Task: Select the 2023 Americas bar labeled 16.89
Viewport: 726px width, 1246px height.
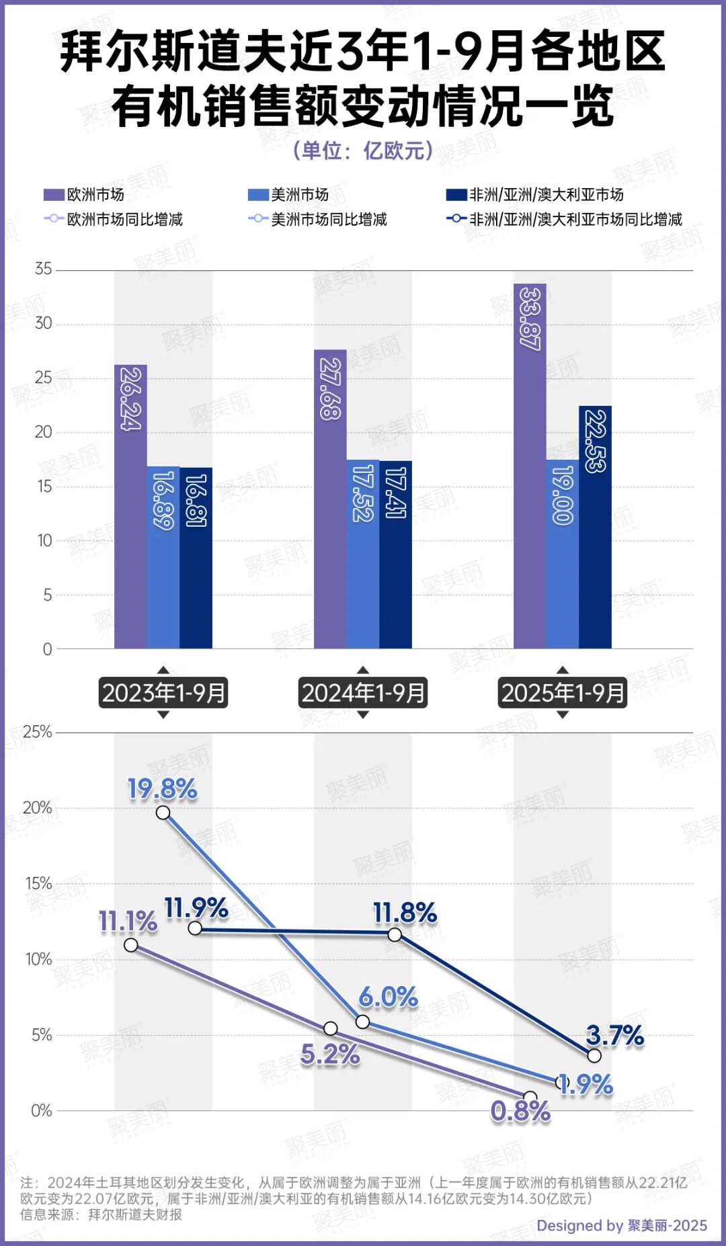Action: pos(163,557)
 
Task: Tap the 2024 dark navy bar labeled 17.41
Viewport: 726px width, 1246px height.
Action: pos(395,554)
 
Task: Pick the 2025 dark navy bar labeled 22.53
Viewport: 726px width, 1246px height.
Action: pos(595,527)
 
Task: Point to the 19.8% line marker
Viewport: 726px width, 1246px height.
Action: pos(163,813)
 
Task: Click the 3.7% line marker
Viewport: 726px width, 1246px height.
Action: pos(594,1056)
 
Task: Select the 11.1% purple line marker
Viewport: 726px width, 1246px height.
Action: pos(131,945)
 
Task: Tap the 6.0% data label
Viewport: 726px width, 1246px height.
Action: pos(388,997)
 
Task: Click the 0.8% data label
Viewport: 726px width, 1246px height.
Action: pos(520,1112)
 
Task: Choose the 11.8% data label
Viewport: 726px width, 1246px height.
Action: pos(405,913)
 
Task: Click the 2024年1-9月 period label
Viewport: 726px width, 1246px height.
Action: pos(363,693)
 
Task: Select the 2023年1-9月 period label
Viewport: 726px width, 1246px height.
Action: pos(163,693)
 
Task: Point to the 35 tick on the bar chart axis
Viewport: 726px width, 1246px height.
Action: pos(44,269)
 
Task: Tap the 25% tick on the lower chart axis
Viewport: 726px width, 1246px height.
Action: pos(38,732)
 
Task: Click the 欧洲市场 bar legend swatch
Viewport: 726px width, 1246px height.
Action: pos(54,195)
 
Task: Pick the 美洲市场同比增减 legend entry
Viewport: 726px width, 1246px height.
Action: pos(319,219)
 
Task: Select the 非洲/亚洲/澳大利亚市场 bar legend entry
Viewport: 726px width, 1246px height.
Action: pos(535,195)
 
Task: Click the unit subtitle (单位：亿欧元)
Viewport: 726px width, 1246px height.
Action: pos(363,150)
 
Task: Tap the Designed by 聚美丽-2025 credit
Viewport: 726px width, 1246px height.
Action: pos(621,1225)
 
